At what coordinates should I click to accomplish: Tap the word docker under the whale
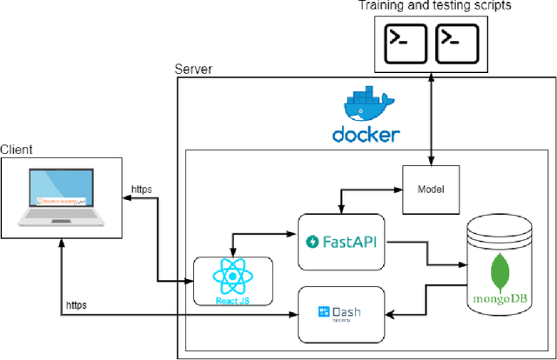366,135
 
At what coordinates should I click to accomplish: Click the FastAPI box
341,239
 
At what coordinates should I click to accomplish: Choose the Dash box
341,313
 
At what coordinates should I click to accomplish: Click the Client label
17,150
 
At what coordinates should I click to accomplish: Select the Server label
193,69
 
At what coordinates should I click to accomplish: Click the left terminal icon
407,40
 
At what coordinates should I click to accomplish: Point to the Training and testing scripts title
434,6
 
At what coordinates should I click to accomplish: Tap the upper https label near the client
141,189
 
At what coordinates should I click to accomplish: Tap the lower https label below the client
77,305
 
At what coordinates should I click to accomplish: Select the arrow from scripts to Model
432,117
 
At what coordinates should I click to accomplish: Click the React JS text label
232,300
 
